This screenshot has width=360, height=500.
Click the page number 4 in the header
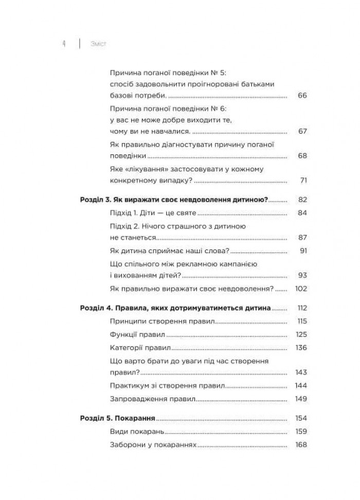coord(63,44)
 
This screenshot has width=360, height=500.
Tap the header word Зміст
coord(98,44)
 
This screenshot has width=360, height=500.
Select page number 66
coord(302,96)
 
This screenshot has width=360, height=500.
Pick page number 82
coord(302,200)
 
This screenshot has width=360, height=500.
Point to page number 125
coord(301,335)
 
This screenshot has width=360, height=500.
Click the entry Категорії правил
coord(141,348)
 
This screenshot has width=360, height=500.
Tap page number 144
coord(301,385)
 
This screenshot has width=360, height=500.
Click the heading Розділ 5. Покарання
coord(118,418)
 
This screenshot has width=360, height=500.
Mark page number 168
coord(301,444)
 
